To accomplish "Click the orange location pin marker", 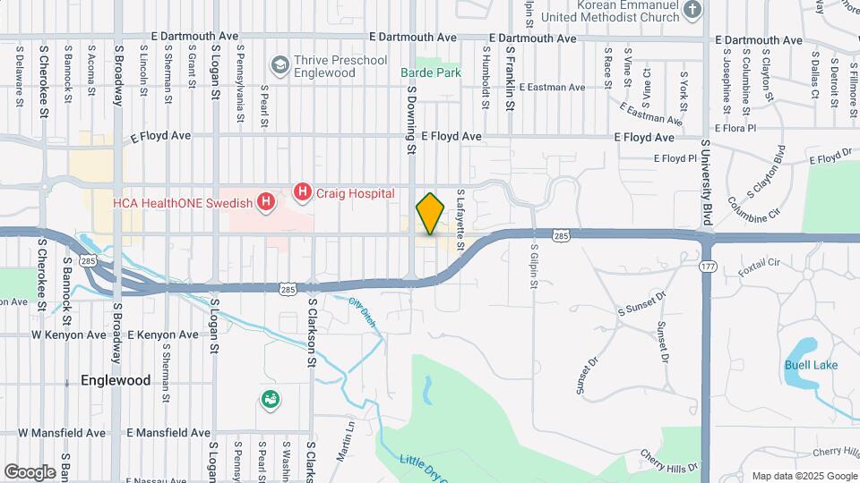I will [430, 213].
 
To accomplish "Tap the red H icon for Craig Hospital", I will [303, 192].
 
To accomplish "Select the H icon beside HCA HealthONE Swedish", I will [265, 203].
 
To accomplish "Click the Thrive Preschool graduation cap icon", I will [280, 65].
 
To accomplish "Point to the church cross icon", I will [692, 11].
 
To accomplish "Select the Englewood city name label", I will [116, 380].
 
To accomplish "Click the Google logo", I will [30, 471].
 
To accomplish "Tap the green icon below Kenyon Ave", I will [269, 400].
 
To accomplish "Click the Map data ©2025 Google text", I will [804, 475].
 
